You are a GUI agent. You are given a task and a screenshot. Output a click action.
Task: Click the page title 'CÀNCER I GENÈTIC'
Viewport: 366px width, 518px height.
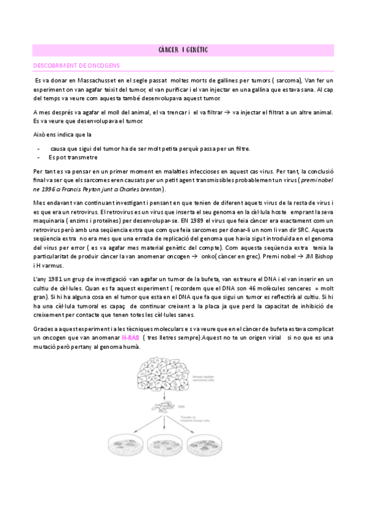183,49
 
